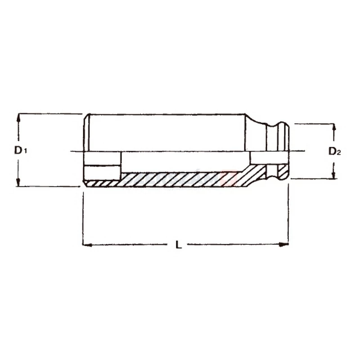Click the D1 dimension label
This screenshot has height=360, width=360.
coord(21,150)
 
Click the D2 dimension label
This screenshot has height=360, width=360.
coord(334,151)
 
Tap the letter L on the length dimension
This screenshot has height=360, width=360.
coord(179,244)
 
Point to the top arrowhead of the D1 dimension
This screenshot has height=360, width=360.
coord(18,117)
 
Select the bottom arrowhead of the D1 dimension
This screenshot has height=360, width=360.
coord(18,182)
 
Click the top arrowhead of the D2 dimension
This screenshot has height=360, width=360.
coord(334,128)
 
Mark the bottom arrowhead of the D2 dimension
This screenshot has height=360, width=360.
coord(334,175)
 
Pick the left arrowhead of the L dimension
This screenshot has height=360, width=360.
coord(87,245)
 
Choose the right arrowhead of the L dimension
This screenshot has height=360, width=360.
coord(283,244)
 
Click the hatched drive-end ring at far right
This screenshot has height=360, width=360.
coord(283,172)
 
